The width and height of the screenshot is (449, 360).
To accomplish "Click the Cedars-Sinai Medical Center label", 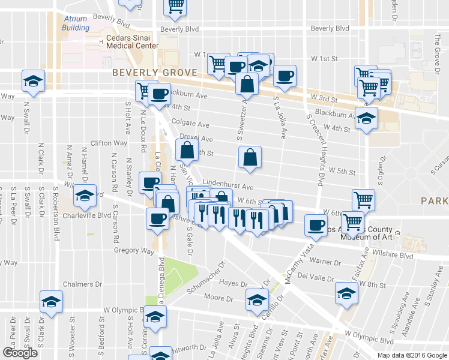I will coord(132,41).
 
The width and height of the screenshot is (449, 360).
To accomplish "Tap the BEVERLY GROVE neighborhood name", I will coord(155,73).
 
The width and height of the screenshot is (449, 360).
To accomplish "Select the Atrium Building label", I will coord(76,23).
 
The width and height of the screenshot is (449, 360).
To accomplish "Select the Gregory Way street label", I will coord(137,251).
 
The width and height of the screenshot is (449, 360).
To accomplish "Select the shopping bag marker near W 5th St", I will coord(250,158).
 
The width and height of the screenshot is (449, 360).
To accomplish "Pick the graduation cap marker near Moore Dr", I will coord(258,299).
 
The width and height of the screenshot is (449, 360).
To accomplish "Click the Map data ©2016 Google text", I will coord(412,355).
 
